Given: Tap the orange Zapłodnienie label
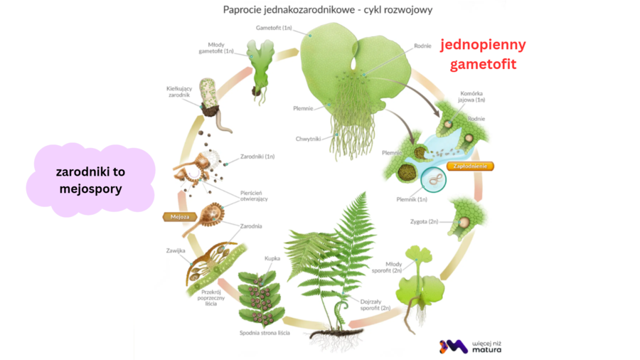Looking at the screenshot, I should (469, 166).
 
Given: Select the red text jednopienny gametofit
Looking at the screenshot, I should (483, 54).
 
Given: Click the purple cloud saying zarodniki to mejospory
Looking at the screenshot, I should (90, 181).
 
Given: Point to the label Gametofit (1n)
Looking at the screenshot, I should (274, 28).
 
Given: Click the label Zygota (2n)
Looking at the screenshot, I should (426, 222).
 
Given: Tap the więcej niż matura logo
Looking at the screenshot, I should (472, 346).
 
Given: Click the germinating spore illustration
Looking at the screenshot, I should (211, 100).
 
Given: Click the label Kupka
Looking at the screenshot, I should (272, 259).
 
